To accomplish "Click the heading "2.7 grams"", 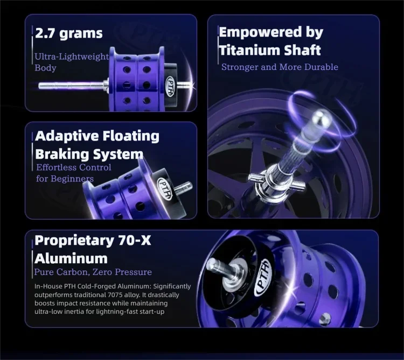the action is [69, 33].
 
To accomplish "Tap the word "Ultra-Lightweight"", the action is [72, 57].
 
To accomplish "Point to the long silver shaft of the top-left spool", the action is [72, 85].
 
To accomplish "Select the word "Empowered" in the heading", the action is [260, 33].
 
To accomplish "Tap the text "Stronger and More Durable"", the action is [280, 67].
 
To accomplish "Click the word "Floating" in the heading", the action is [131, 136].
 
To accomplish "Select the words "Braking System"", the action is [89, 154].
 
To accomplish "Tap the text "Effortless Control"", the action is [74, 167].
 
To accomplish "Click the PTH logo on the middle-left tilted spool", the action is [165, 189].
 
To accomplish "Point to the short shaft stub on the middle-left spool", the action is [184, 188].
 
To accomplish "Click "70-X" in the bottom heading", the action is [135, 241].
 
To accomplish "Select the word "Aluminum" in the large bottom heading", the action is [71, 258].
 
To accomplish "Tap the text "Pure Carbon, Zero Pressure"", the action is [93, 272].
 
